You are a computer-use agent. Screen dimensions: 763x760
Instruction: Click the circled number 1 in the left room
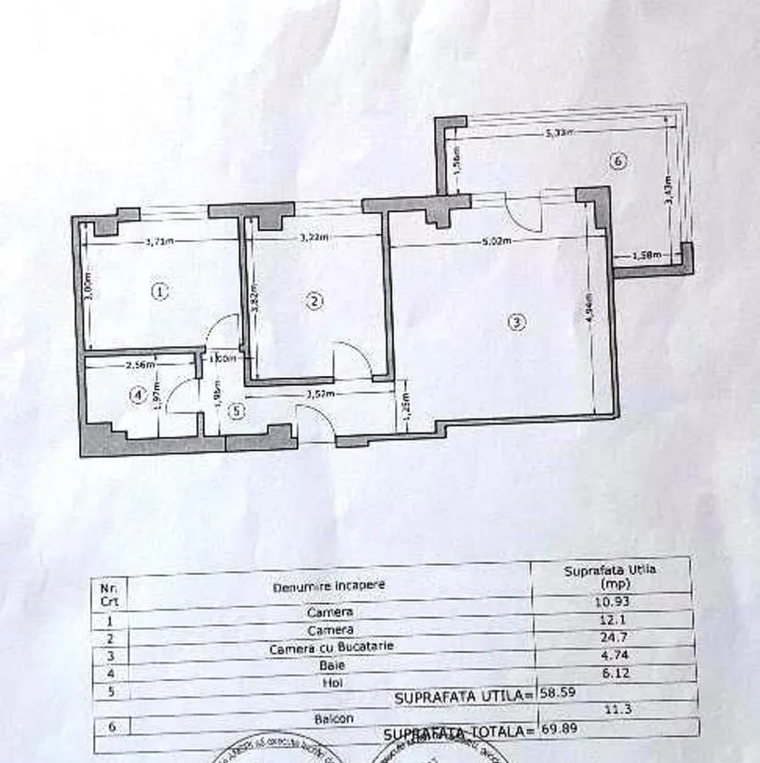point(160,291)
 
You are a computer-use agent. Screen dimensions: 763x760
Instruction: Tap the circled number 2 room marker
point(315,301)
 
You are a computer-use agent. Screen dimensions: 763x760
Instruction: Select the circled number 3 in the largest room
point(517,323)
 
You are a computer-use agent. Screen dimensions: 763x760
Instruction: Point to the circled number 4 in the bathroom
point(137,395)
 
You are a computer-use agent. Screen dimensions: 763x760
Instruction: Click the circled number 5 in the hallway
point(236,408)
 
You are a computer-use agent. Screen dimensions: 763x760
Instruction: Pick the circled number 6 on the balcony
point(618,161)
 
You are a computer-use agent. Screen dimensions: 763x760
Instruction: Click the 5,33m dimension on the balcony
point(560,133)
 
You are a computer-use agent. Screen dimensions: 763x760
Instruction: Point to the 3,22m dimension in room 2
point(312,238)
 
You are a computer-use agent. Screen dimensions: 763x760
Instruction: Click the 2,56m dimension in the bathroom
point(137,366)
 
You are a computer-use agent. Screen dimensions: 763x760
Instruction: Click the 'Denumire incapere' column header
point(328,586)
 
